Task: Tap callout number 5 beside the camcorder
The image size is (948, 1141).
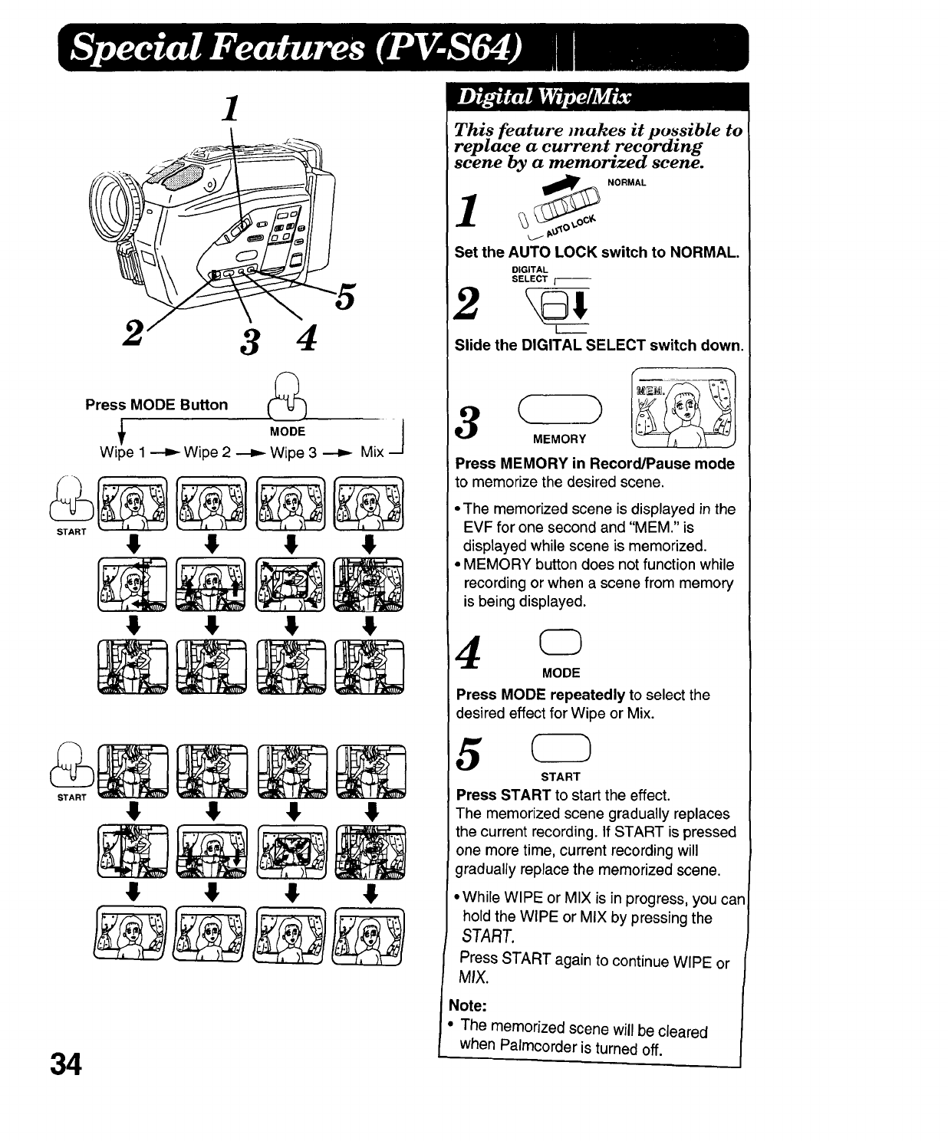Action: (344, 297)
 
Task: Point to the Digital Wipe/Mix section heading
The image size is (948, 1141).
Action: (543, 97)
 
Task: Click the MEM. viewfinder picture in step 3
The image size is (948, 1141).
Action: (682, 408)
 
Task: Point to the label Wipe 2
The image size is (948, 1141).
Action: (207, 452)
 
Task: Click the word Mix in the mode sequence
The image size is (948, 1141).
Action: (372, 452)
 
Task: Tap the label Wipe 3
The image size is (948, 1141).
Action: (293, 452)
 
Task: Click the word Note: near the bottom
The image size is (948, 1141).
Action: (468, 1005)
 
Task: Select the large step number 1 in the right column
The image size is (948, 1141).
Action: (468, 209)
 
